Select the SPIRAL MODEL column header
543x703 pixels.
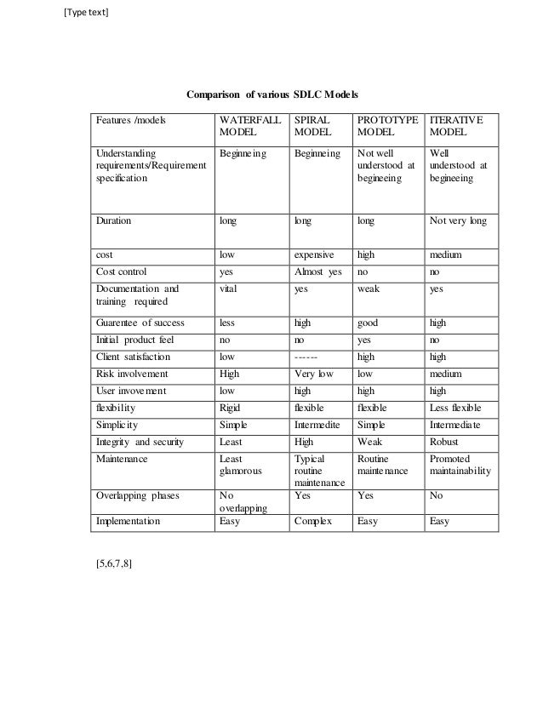(312, 127)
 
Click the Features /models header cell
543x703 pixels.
(130, 121)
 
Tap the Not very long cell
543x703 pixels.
(459, 221)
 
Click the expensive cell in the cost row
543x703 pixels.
(314, 254)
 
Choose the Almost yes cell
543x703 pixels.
(317, 271)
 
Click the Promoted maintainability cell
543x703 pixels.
(460, 466)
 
